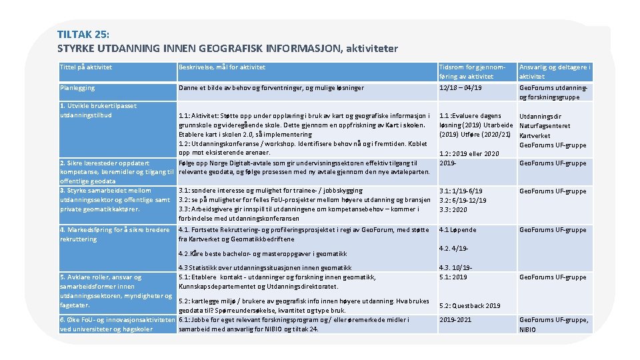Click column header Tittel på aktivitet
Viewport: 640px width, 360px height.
[86, 67]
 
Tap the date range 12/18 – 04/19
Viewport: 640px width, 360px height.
[461, 88]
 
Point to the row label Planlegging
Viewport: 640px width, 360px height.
[77, 88]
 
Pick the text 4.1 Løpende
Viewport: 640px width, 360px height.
[457, 230]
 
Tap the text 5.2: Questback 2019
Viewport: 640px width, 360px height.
[470, 306]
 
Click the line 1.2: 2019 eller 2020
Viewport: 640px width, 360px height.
[469, 154]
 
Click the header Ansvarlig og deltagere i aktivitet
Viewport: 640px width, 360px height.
[555, 72]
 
